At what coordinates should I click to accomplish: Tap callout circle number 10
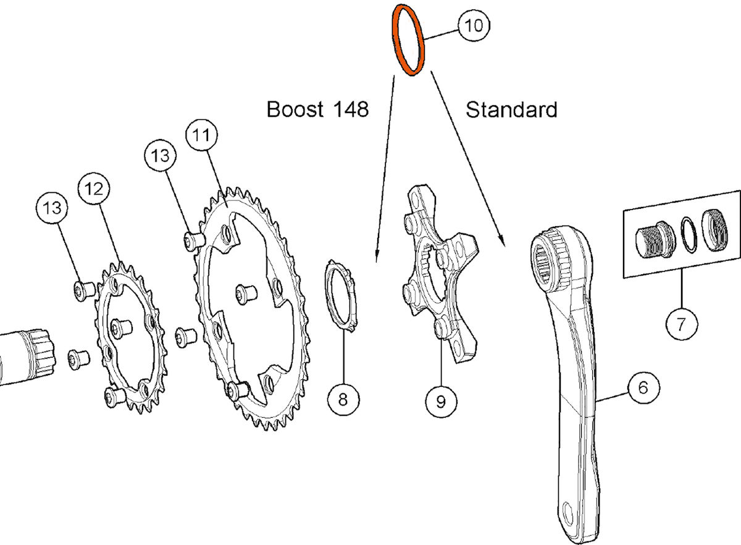[473, 26]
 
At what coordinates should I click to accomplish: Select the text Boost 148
[317, 109]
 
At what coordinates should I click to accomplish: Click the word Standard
[511, 110]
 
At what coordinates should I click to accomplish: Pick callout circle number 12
[94, 190]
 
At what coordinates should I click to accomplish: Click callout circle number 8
[343, 399]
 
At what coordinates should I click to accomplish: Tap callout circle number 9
[441, 402]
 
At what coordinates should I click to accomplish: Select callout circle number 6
[643, 387]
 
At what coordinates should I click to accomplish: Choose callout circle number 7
[682, 323]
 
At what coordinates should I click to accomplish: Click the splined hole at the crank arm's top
[548, 266]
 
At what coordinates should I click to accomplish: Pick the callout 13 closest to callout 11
[160, 156]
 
